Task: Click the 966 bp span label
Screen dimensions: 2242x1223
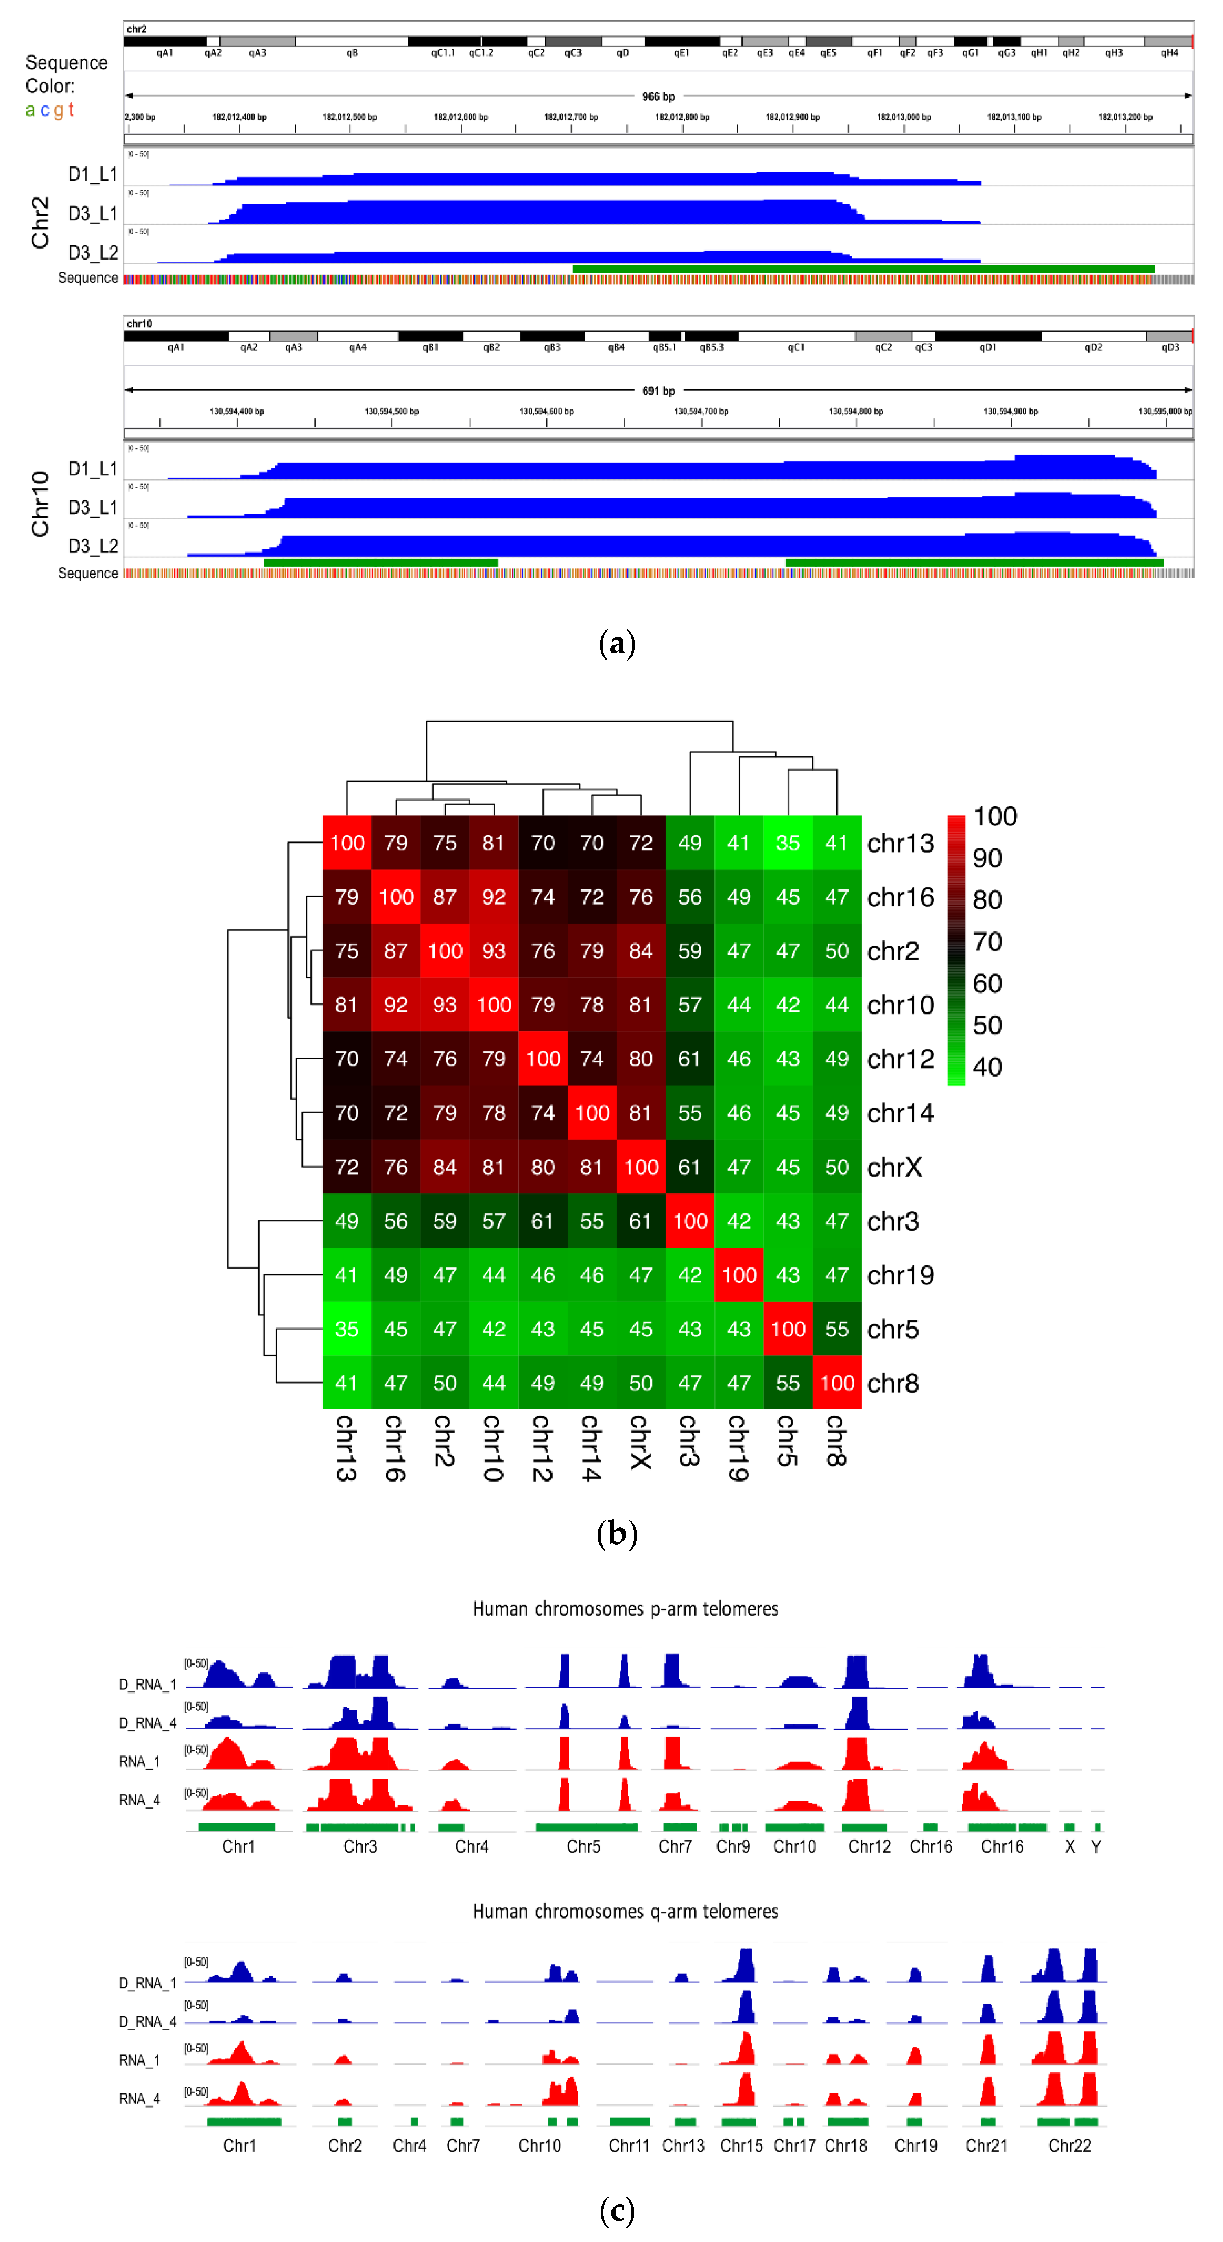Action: point(658,96)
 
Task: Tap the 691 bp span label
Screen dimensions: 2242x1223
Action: point(658,391)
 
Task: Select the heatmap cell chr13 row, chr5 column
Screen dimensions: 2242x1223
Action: point(788,843)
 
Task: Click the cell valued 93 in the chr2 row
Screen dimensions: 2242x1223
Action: point(494,951)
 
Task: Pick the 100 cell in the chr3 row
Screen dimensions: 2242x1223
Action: point(689,1221)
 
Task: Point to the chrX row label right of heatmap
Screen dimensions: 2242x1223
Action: point(894,1167)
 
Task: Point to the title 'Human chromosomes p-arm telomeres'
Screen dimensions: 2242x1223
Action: point(625,1608)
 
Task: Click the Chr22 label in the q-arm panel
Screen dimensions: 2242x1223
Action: point(1069,2146)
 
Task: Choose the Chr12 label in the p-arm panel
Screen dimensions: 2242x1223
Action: point(869,1846)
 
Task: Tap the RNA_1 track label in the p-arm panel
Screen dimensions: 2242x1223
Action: point(139,1761)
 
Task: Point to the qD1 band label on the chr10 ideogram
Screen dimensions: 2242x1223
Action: point(987,347)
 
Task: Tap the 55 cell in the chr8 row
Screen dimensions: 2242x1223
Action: point(788,1383)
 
